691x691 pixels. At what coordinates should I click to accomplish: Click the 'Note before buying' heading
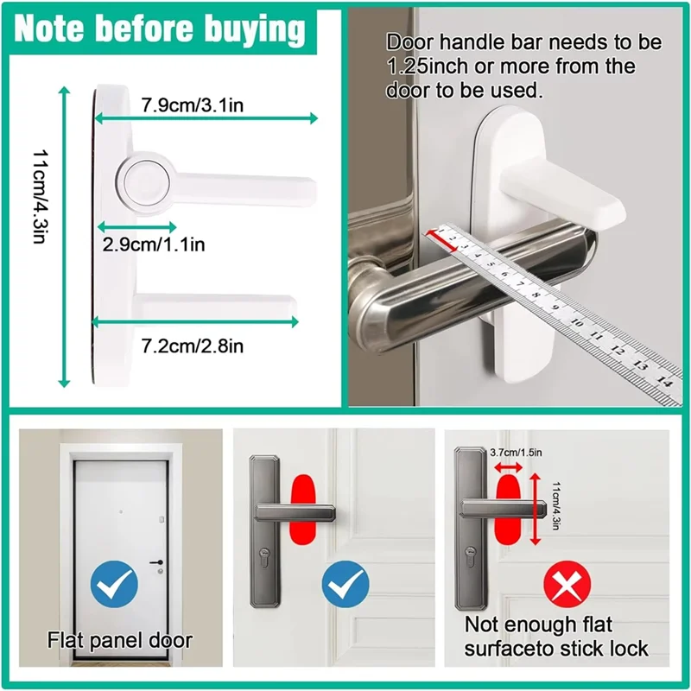162,30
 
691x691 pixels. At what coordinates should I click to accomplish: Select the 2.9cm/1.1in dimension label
153,244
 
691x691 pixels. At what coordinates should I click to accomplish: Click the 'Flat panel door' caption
119,641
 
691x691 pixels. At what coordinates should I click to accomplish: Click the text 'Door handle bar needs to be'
523,41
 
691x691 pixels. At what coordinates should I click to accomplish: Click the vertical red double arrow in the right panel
536,508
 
